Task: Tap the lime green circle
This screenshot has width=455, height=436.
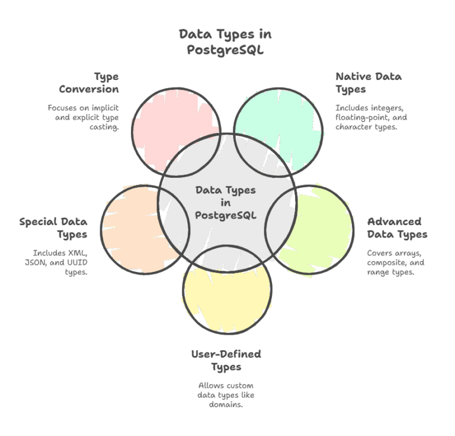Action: click(x=320, y=237)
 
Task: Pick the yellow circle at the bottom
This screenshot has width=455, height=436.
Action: click(x=228, y=296)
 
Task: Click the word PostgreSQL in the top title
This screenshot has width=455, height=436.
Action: click(x=225, y=50)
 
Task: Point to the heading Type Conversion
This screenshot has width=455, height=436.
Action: click(x=89, y=83)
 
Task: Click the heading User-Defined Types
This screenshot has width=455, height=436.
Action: click(x=226, y=361)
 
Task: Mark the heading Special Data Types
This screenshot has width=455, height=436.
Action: click(x=53, y=228)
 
